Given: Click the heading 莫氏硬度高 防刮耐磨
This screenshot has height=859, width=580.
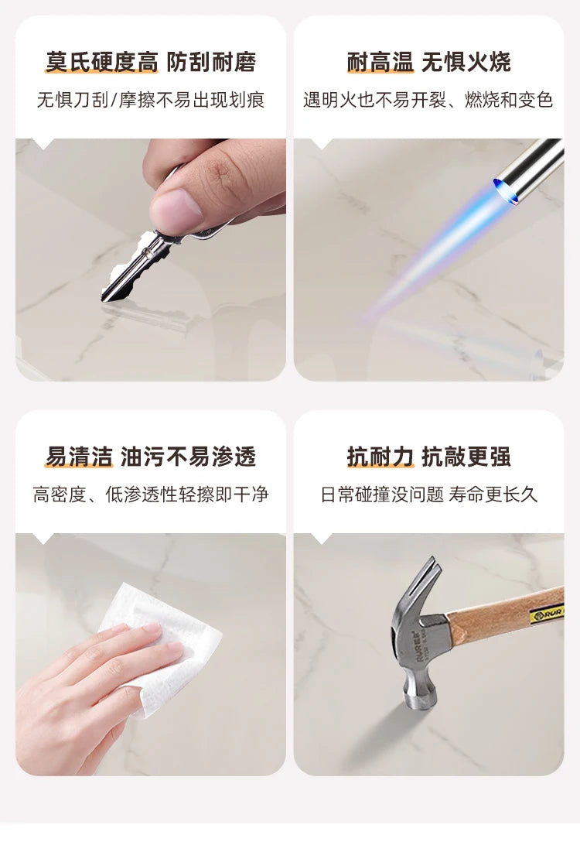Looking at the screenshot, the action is click(151, 62).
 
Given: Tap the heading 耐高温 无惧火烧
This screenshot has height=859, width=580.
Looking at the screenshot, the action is click(429, 62).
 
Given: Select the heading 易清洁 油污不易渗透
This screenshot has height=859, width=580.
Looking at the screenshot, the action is click(151, 457).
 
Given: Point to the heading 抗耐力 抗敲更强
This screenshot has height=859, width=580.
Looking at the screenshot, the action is click(429, 457).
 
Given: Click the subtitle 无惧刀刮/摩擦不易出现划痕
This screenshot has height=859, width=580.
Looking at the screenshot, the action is click(151, 100).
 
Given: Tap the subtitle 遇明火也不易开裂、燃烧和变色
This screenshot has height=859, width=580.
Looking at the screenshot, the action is click(428, 100).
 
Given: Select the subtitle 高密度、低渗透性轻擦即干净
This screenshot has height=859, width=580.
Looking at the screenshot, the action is click(151, 495).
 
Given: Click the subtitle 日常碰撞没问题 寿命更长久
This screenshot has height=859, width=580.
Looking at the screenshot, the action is click(429, 495).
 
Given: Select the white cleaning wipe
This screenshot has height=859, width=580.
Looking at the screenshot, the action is click(164, 646).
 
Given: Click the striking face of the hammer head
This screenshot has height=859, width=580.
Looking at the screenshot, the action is click(421, 700).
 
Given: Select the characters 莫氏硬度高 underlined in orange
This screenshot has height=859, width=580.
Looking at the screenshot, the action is click(101, 62).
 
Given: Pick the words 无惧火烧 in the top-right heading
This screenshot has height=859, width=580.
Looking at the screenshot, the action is click(466, 62).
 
